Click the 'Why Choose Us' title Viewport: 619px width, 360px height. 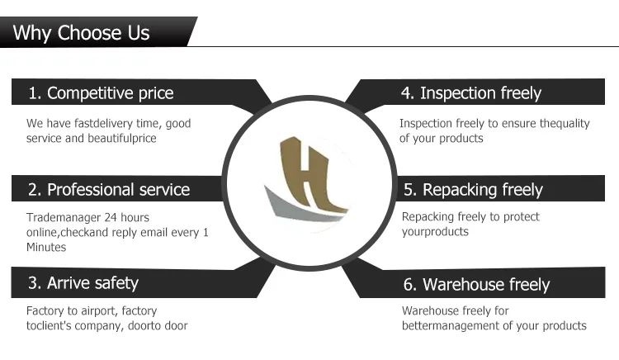click(x=82, y=33)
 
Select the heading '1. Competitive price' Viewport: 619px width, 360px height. click(x=102, y=92)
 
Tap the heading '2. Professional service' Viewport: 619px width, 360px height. click(x=109, y=189)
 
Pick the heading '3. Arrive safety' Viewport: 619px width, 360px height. click(x=83, y=283)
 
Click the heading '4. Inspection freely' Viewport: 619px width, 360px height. click(x=471, y=92)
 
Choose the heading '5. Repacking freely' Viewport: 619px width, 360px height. click(x=473, y=189)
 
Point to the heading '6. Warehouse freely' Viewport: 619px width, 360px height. click(x=476, y=285)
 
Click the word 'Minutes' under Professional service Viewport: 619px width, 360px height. click(x=45, y=247)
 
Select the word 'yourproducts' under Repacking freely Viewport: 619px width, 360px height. click(x=435, y=232)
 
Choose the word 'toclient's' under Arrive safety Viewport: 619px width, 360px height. click(x=52, y=326)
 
